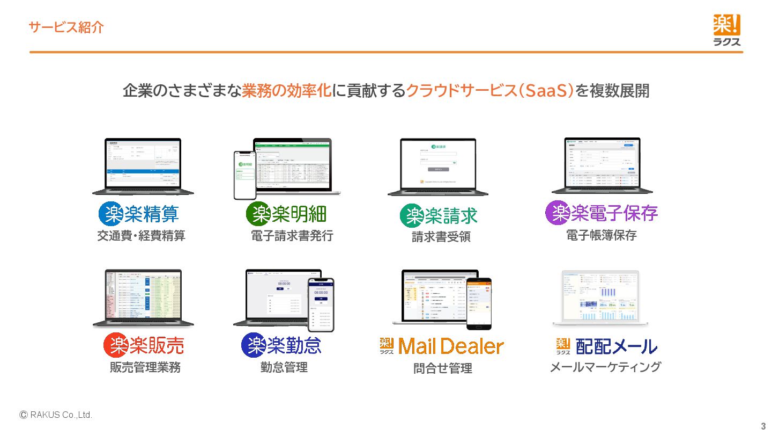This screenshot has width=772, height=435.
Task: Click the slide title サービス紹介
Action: pos(66,27)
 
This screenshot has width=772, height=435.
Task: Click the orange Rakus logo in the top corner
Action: pos(726,30)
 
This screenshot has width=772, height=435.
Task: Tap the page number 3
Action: pos(763,426)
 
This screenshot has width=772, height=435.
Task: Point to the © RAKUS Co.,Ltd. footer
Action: pos(56,415)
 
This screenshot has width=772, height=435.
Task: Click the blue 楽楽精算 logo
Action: pos(139,214)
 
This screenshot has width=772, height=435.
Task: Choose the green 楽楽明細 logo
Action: pos(286,214)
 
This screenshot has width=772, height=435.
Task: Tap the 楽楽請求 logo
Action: pos(439,216)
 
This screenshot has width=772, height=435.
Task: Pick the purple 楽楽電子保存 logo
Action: pos(602,213)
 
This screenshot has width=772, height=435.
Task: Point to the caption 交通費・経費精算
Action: pos(141,236)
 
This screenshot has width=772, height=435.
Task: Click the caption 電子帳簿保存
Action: pos(602,235)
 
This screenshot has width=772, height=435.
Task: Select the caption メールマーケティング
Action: pos(605,367)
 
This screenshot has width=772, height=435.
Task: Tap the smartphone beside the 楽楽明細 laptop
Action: pos(244,175)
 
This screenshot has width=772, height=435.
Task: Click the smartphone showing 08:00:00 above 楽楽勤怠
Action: pos(321,304)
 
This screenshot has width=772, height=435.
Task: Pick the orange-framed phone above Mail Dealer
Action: pos(478,303)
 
